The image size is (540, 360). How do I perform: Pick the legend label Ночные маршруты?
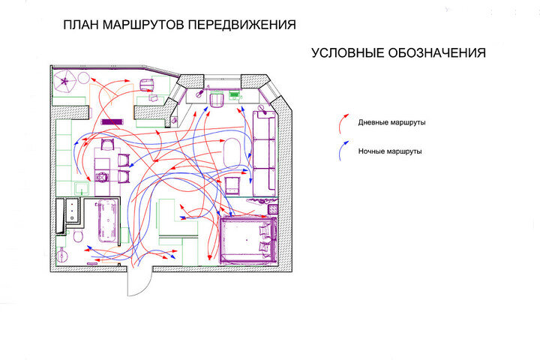(x=390, y=151)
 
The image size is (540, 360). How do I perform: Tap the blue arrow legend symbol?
(x=342, y=152)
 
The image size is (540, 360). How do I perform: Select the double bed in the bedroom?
(x=247, y=239)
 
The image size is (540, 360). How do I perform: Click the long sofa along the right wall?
(x=263, y=151)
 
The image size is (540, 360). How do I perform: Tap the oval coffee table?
(x=233, y=152)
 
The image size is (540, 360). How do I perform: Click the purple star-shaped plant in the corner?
(x=67, y=80)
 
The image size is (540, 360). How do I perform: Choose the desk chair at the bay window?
(x=217, y=100)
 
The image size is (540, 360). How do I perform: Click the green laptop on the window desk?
(x=234, y=95)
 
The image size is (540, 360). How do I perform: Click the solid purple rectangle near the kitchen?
(x=112, y=121)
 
